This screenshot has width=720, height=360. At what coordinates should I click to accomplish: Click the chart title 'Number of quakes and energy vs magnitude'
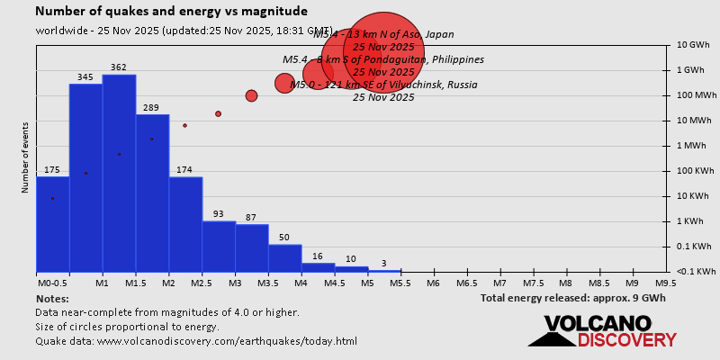click(171, 12)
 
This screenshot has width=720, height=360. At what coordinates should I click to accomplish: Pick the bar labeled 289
click(152, 193)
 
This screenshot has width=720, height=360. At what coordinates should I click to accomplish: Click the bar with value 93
click(219, 246)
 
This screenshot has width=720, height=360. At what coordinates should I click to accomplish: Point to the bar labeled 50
click(285, 257)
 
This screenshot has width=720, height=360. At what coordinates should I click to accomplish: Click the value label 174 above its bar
click(185, 170)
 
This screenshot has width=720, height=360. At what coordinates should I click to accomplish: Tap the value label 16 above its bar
click(318, 256)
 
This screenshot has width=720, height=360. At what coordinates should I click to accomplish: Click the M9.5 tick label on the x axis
click(666, 283)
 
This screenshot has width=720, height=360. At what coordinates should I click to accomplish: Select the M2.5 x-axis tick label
click(202, 283)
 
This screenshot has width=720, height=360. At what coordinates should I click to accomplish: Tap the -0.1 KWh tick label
click(696, 271)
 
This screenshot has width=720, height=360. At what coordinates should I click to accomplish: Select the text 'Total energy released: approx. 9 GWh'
click(573, 298)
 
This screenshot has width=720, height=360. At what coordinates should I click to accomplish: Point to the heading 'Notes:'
click(51, 298)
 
